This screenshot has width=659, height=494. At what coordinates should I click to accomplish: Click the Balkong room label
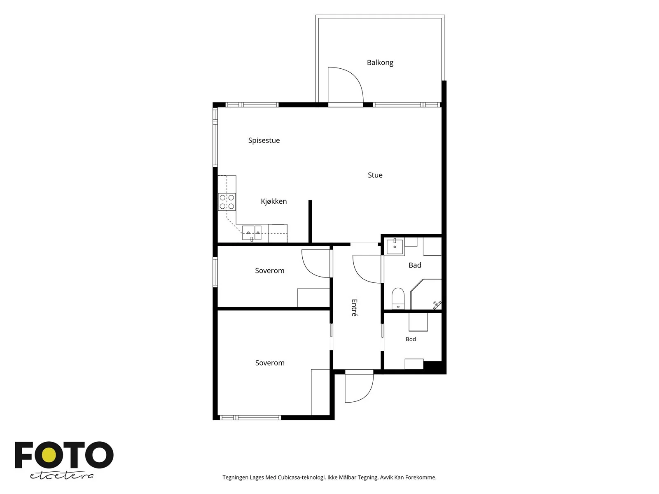point(380,63)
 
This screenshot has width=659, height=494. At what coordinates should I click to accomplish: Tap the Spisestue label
point(264,140)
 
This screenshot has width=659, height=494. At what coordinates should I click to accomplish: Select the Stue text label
point(375,175)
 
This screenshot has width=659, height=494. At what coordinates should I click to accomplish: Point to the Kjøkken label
point(273,201)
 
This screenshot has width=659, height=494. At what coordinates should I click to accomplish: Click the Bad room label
point(415,265)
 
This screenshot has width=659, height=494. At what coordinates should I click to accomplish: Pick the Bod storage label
point(410,339)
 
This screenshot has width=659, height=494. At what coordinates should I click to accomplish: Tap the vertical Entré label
point(354,308)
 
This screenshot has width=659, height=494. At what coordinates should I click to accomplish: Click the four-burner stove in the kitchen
point(227,202)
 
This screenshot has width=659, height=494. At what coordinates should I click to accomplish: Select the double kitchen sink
point(252,233)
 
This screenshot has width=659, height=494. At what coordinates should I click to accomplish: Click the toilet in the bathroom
point(398,298)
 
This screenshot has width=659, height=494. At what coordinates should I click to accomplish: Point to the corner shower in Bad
point(426,294)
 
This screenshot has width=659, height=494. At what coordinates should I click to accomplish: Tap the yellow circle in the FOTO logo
point(49,455)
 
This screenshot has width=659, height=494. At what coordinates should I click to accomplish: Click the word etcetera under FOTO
point(62,476)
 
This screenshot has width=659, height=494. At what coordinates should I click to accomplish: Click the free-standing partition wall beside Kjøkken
point(310,221)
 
